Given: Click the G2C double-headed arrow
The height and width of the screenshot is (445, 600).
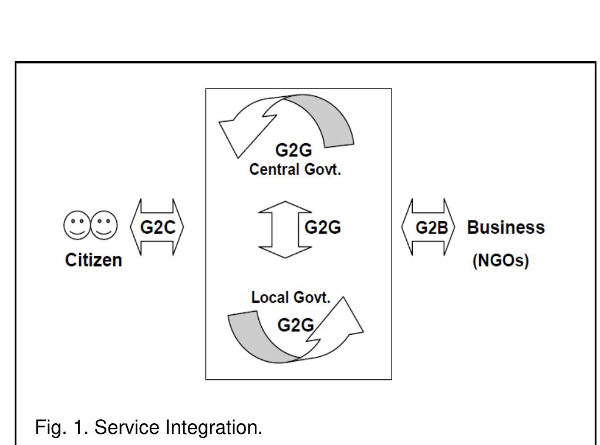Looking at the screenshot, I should [x=157, y=227].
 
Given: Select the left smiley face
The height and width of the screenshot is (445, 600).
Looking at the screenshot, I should [x=76, y=227].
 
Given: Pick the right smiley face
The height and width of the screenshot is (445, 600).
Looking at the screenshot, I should [x=104, y=227].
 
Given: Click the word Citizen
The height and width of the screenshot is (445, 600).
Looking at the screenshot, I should [x=93, y=259].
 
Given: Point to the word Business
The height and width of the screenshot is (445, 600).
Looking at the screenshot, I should [x=505, y=228].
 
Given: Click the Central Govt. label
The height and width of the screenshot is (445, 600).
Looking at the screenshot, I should [x=295, y=170].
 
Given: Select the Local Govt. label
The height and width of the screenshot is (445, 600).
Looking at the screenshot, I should [x=291, y=297].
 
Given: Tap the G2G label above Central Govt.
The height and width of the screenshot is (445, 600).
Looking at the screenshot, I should [x=294, y=153].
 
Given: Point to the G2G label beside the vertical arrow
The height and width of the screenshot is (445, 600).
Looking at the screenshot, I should [x=322, y=228].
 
